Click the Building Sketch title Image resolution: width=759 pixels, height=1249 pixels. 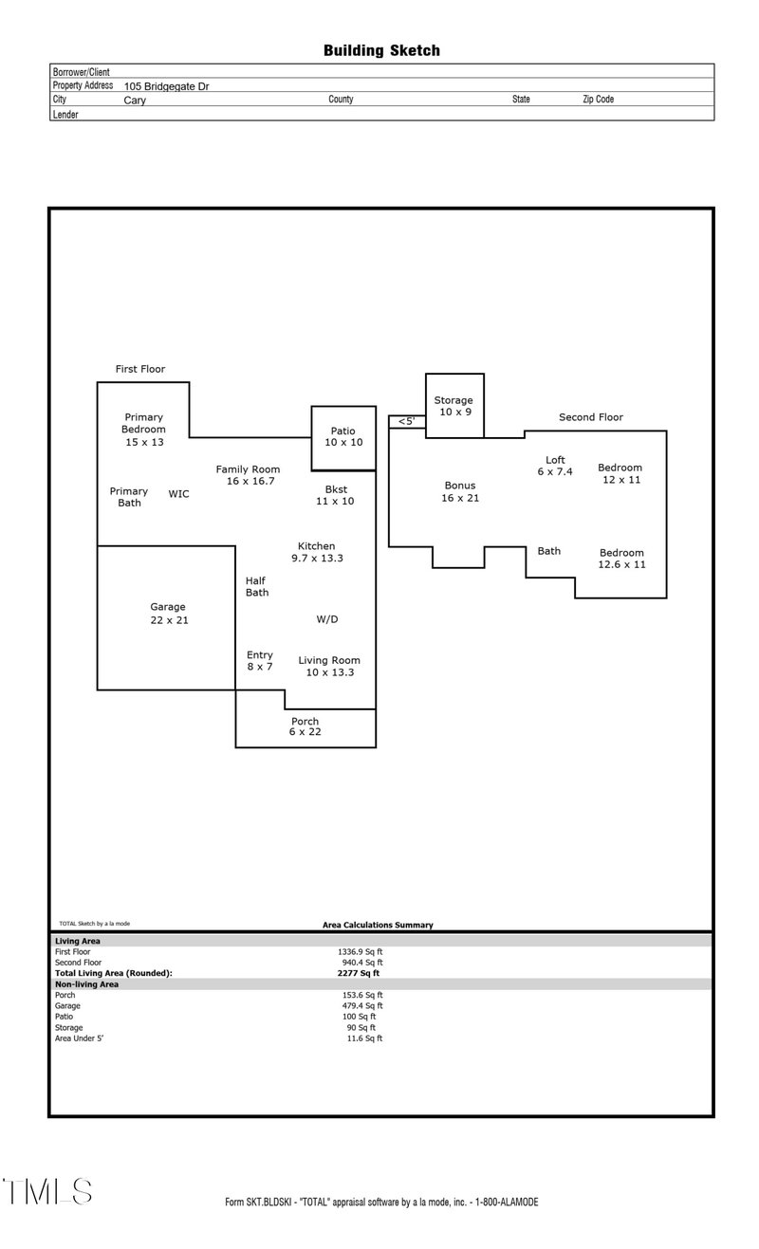click(381, 50)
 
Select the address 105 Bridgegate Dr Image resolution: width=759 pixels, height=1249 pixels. click(167, 85)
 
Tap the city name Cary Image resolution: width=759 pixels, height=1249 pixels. click(135, 100)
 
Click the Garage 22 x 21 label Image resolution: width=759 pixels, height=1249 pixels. click(168, 614)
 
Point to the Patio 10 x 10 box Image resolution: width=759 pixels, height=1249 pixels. click(343, 437)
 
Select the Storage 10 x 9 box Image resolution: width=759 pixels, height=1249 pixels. click(454, 406)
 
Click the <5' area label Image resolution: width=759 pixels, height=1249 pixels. click(406, 421)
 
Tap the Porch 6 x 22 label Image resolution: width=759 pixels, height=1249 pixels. click(305, 727)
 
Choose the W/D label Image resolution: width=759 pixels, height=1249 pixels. click(326, 619)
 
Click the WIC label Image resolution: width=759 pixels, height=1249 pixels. click(178, 494)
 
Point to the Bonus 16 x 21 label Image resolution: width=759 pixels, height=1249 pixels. click(460, 492)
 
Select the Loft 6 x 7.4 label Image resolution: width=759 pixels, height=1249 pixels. click(555, 466)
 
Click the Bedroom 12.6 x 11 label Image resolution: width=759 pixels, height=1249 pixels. click(621, 559)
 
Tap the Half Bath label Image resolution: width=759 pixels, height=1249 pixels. click(256, 587)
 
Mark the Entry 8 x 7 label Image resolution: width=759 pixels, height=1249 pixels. click(259, 661)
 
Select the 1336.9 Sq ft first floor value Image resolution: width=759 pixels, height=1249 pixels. click(360, 951)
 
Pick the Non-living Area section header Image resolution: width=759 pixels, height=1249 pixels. click(86, 984)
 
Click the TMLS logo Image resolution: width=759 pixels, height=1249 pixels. click(47, 1192)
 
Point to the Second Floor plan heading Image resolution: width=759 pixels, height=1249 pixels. click(590, 417)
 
